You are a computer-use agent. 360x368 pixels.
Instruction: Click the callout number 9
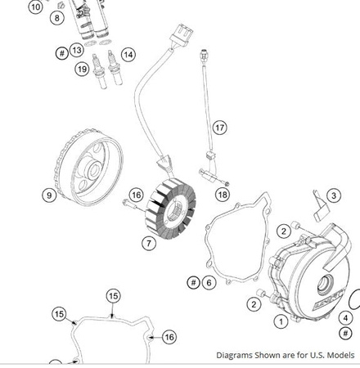[50, 195]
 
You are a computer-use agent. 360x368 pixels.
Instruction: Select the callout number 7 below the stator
[148, 243]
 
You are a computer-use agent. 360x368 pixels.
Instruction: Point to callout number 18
[222, 195]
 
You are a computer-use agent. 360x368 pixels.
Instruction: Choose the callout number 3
[333, 195]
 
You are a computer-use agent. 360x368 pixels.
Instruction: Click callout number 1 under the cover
[281, 321]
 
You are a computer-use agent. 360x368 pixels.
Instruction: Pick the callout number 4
[346, 317]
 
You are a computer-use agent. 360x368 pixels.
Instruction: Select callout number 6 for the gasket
[209, 282]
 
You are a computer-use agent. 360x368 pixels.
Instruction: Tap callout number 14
[128, 54]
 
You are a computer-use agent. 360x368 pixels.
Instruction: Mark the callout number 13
[77, 50]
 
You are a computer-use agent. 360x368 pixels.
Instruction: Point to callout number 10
[36, 7]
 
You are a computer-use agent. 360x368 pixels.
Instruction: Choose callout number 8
[58, 18]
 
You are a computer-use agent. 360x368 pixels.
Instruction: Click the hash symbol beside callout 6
[193, 282]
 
